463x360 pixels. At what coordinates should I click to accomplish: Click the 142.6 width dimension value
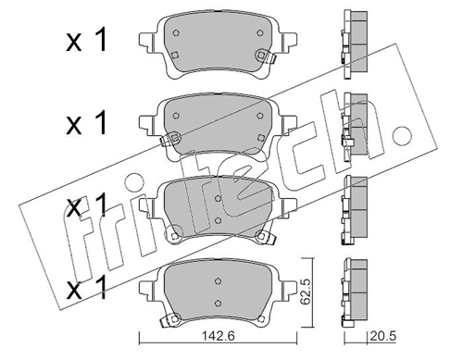pyautogui.click(x=219, y=336)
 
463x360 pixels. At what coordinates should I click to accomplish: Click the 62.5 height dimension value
pyautogui.click(x=306, y=292)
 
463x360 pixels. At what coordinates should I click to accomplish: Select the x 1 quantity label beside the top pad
pyautogui.click(x=86, y=40)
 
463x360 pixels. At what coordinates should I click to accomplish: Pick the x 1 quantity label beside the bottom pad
pyautogui.click(x=86, y=288)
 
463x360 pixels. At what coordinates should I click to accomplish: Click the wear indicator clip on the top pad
pyautogui.click(x=265, y=56)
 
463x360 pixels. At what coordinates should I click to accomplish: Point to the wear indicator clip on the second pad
pyautogui.click(x=170, y=139)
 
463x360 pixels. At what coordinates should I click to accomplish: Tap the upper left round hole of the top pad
pyautogui.click(x=176, y=33)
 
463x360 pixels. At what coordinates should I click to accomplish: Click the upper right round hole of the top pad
pyautogui.click(x=260, y=32)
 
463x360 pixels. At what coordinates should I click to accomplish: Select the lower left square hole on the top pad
pyautogui.click(x=175, y=55)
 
